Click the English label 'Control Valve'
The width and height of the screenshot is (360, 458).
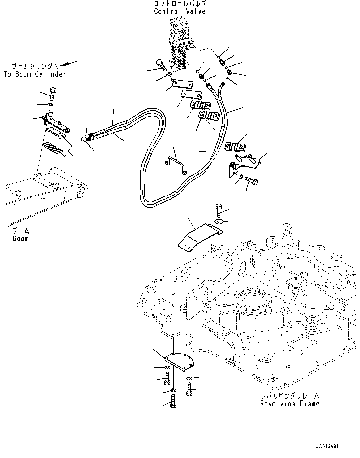pyautogui.click(x=180, y=11)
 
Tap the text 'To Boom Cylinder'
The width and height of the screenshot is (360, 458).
pyautogui.click(x=35, y=74)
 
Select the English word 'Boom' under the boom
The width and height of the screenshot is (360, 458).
pyautogui.click(x=21, y=238)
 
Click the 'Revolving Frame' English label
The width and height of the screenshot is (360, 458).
pyautogui.click(x=289, y=403)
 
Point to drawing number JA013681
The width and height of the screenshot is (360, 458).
pyautogui.click(x=327, y=447)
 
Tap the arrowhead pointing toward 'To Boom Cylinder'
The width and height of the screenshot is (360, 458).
pyautogui.click(x=64, y=65)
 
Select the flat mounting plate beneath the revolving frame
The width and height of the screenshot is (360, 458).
pyautogui.click(x=179, y=361)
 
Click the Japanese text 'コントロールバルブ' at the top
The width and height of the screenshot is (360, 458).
pyautogui.click(x=180, y=4)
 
